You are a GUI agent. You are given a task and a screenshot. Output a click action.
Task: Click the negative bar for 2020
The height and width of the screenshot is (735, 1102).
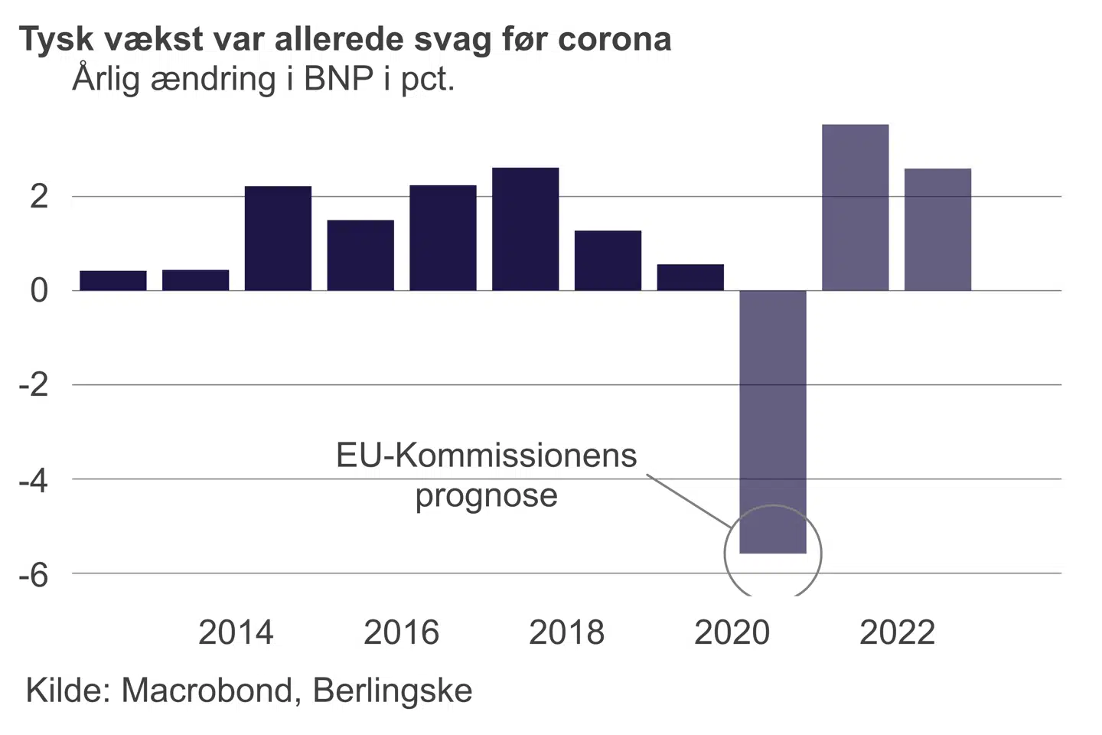click(x=773, y=421)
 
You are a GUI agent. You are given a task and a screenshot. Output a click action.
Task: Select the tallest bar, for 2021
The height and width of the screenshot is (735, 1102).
click(x=855, y=207)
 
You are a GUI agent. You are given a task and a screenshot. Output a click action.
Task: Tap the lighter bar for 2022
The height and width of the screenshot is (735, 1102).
click(x=937, y=230)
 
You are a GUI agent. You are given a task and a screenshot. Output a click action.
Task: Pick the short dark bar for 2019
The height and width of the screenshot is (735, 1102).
click(x=690, y=277)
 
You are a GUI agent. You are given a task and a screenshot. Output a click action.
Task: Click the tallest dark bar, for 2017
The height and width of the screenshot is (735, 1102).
click(x=525, y=229)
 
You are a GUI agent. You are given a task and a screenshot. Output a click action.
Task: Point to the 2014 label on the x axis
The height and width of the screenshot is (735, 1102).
click(x=236, y=633)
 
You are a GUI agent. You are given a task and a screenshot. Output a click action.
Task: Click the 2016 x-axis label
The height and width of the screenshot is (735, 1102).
click(x=401, y=633)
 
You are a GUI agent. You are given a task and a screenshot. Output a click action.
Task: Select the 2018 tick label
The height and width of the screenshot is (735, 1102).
click(x=566, y=633)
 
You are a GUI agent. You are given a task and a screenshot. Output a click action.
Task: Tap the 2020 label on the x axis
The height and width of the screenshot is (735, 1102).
click(x=732, y=633)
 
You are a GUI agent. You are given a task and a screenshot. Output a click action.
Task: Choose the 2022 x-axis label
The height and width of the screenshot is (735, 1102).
click(x=897, y=633)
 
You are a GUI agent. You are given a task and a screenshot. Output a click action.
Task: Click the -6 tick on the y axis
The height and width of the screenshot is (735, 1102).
click(x=34, y=575)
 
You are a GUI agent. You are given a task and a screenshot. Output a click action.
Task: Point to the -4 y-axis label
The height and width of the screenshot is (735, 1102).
click(x=34, y=481)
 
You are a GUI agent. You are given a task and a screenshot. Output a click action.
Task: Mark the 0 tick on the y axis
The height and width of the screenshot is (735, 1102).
click(x=39, y=291)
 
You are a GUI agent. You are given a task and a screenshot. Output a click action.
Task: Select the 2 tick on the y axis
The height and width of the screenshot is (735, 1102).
click(x=39, y=198)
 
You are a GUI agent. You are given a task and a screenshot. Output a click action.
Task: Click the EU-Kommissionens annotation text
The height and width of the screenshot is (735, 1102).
click(x=486, y=456)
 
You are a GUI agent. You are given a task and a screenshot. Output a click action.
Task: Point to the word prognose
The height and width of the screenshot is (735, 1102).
click(x=486, y=496)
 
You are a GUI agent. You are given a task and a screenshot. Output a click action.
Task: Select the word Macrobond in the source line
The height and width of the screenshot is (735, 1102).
click(x=207, y=691)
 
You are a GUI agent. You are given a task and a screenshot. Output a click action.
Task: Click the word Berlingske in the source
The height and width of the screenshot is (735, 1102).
click(x=393, y=691)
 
